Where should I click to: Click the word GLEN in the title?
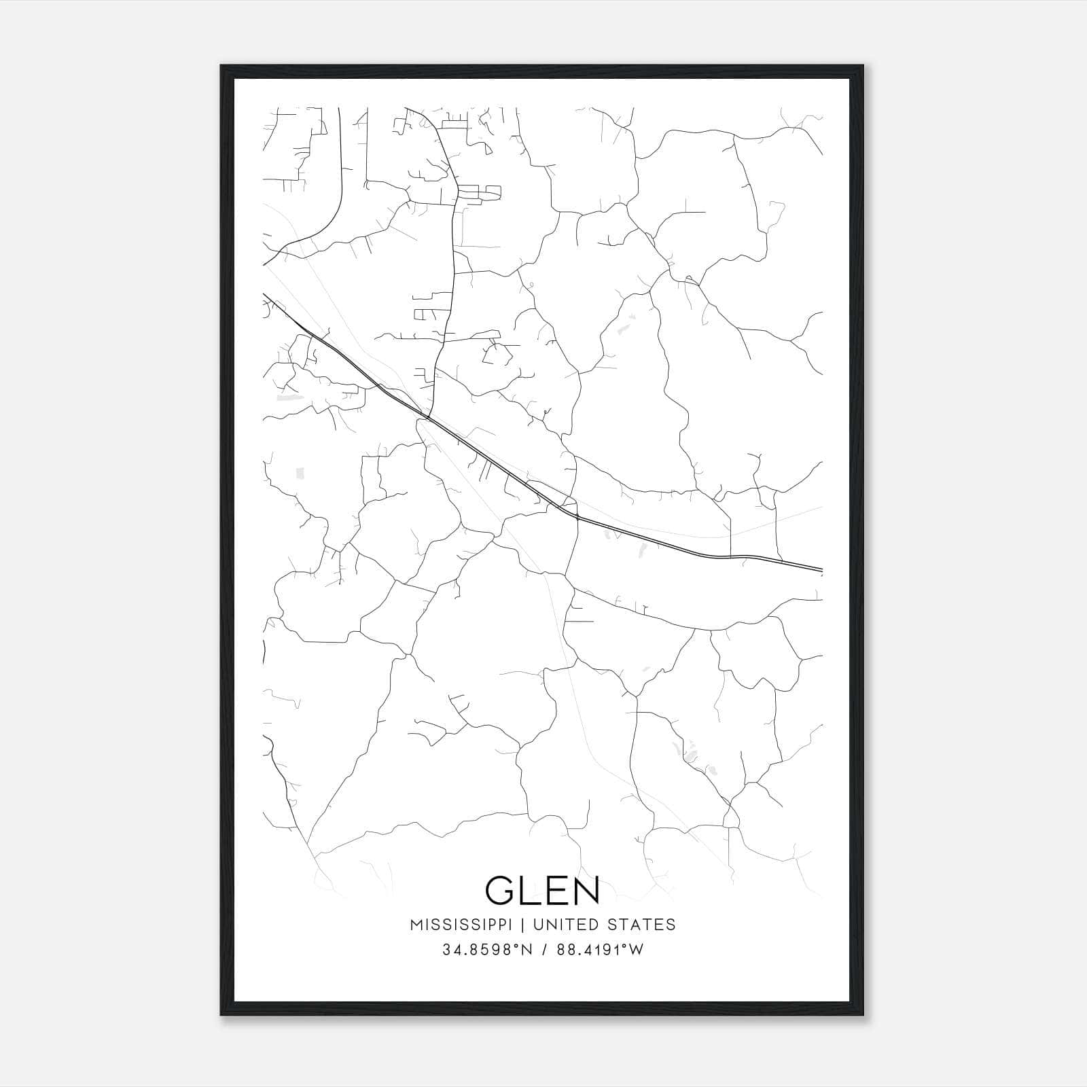(x=543, y=890)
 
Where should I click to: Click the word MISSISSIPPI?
(x=465, y=925)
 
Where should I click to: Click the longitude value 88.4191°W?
(x=599, y=950)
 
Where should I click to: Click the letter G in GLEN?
(x=501, y=890)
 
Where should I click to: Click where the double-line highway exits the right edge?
(x=821, y=569)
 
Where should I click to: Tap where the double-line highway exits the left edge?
(x=264, y=295)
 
